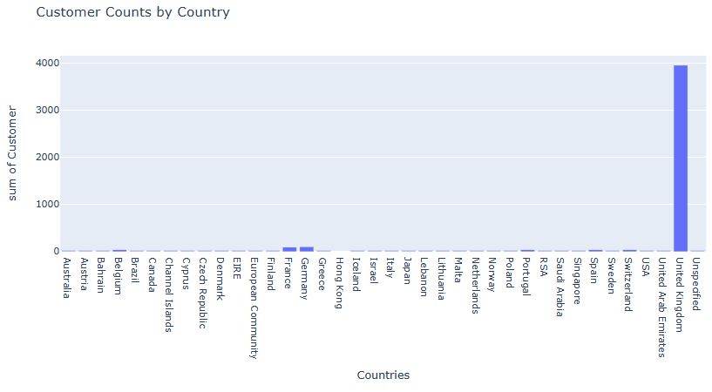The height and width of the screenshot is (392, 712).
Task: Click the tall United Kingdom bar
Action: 681,157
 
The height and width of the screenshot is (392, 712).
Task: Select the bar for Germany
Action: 307,248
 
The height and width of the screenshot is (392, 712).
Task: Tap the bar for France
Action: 289,248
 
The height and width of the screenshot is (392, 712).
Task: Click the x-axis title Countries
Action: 383,375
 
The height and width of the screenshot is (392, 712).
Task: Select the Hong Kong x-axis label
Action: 341,281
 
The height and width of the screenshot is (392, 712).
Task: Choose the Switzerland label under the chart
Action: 629,285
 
